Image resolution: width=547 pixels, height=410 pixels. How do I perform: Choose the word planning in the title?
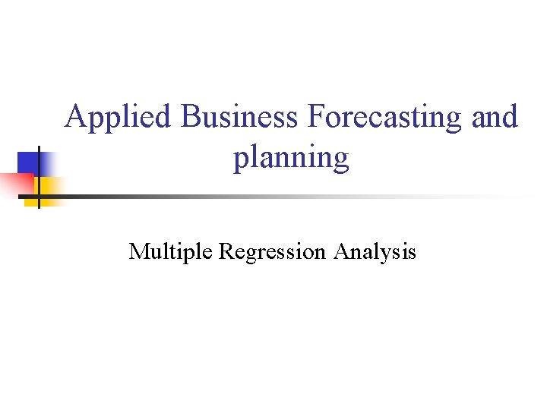pyautogui.click(x=291, y=158)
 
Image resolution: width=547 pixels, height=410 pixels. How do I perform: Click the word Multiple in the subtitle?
pyautogui.click(x=171, y=251)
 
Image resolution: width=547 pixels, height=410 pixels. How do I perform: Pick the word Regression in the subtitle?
pyautogui.click(x=272, y=252)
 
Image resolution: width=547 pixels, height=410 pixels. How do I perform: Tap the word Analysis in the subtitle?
pyautogui.click(x=375, y=252)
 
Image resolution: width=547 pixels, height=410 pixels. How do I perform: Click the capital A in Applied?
pyautogui.click(x=76, y=117)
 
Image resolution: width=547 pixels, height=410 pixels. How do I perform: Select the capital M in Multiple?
pyautogui.click(x=139, y=251)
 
